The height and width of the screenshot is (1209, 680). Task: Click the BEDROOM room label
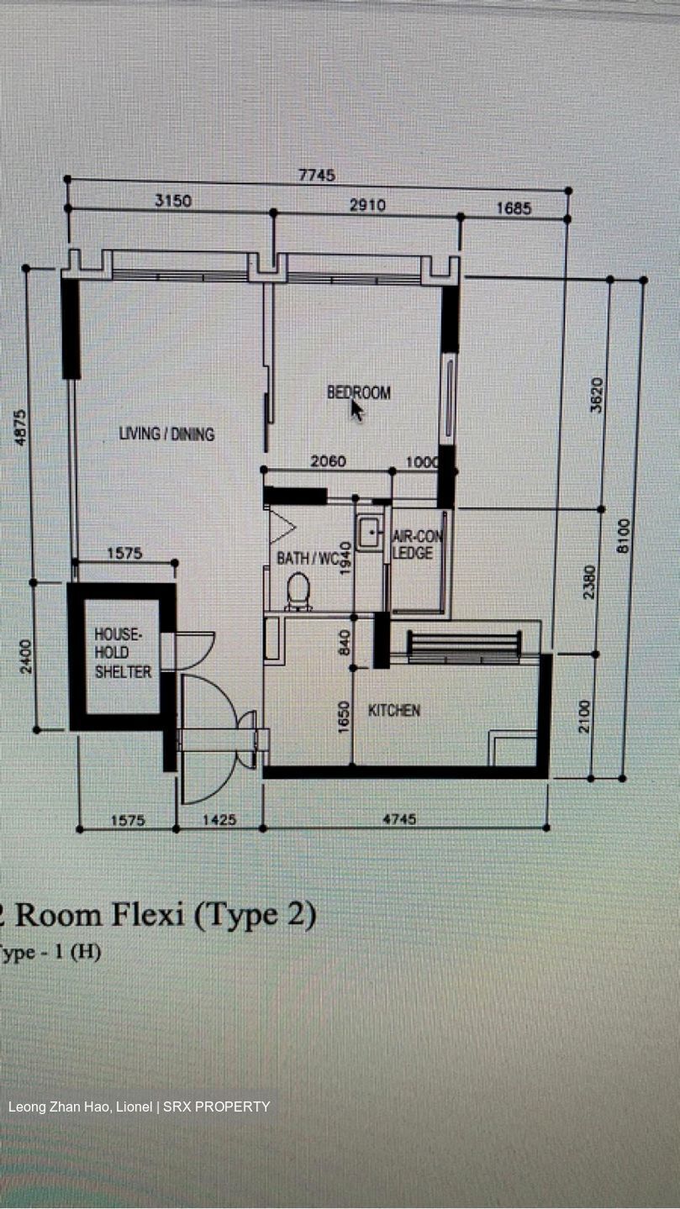(x=359, y=392)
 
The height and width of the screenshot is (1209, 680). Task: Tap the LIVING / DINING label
(x=167, y=434)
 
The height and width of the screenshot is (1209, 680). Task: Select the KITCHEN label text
(x=394, y=710)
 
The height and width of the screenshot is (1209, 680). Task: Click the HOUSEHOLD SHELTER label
(x=124, y=653)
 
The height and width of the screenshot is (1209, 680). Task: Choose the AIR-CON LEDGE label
(x=417, y=544)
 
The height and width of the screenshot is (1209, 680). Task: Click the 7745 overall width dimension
(x=317, y=175)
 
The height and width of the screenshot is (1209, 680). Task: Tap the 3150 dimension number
(x=173, y=201)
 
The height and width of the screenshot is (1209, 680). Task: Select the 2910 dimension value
(x=368, y=205)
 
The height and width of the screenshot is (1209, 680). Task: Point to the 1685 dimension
(x=514, y=208)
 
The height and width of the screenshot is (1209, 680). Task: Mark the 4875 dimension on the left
(x=20, y=428)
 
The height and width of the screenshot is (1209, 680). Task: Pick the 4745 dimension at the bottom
(x=400, y=819)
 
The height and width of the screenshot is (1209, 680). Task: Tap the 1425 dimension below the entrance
(x=219, y=820)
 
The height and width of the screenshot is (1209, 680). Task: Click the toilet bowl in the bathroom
(x=298, y=591)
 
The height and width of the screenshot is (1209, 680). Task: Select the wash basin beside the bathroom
(x=371, y=533)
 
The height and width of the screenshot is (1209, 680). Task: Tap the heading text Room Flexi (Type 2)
(x=166, y=916)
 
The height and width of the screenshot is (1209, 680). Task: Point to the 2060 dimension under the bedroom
(x=329, y=461)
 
